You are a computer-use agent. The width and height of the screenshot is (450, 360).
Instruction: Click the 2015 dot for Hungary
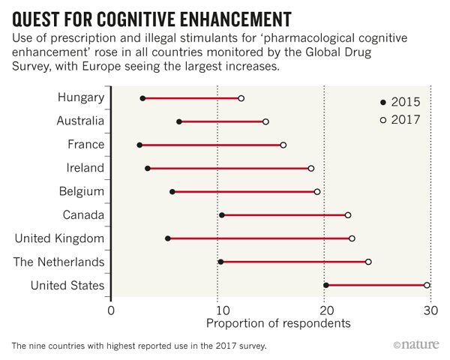(x=142, y=98)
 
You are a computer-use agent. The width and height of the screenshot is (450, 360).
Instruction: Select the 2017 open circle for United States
(x=427, y=285)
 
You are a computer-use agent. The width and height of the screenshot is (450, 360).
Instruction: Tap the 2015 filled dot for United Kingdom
(x=167, y=238)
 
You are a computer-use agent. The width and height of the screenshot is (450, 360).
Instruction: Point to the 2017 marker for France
(x=283, y=145)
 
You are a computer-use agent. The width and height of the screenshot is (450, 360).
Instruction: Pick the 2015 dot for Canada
(x=221, y=215)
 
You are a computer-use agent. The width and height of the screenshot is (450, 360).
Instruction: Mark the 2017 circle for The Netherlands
(x=368, y=262)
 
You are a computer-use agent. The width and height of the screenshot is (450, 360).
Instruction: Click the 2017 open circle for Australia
(x=265, y=121)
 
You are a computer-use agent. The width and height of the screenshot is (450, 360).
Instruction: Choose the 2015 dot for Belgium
(x=172, y=192)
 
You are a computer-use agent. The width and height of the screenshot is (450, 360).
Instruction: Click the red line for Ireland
(x=229, y=169)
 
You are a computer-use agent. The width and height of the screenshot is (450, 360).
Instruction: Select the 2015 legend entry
(x=402, y=102)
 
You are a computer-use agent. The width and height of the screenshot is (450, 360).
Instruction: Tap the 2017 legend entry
(x=402, y=119)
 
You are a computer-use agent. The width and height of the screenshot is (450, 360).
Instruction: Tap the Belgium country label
(x=81, y=191)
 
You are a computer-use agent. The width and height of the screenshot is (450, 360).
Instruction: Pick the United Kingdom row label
(x=59, y=238)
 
